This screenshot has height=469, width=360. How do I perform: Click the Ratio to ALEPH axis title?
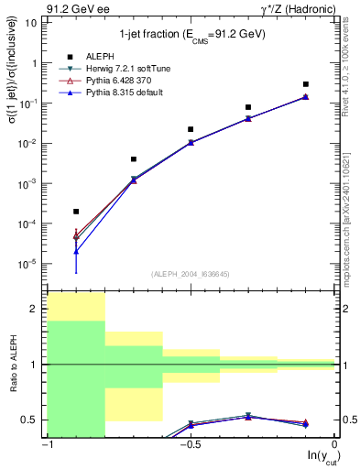coord(13,365)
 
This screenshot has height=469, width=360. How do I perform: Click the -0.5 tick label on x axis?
coord(190,445)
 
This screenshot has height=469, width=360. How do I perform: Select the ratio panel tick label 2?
coord(34,310)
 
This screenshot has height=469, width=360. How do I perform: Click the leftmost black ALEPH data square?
coord(76,212)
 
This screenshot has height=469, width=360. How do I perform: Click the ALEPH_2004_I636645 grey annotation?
coord(191,274)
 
